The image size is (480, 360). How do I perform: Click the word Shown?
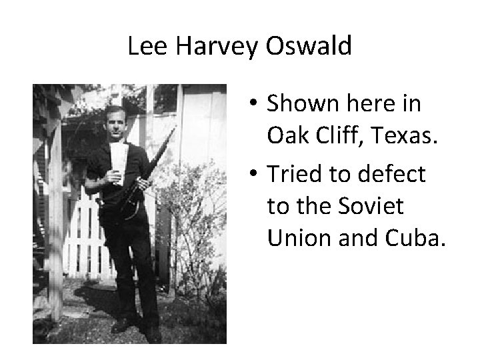pyautogui.click(x=295, y=105)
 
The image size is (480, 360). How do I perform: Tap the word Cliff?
pyautogui.click(x=334, y=137)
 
